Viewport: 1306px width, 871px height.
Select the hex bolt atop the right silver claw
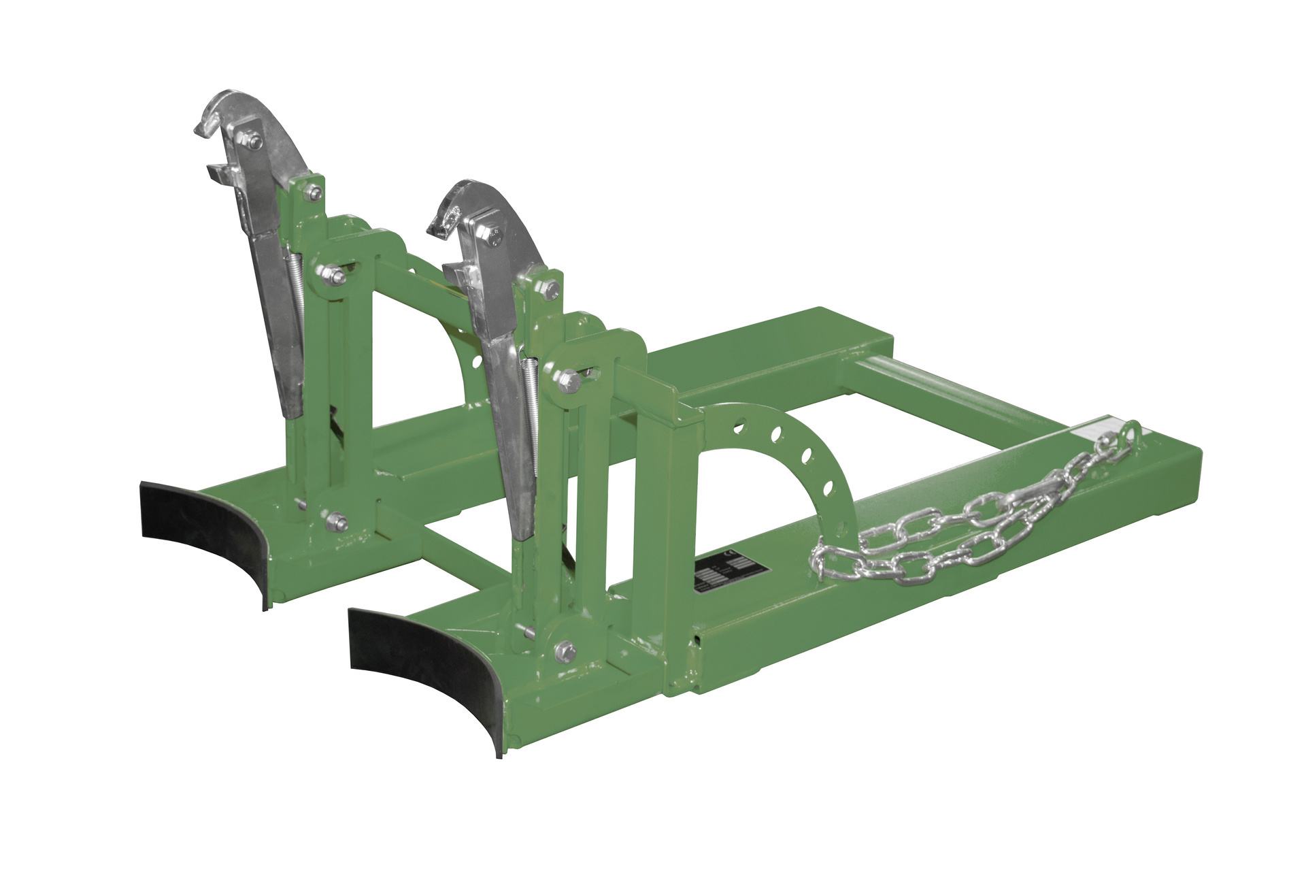[x=492, y=237]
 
